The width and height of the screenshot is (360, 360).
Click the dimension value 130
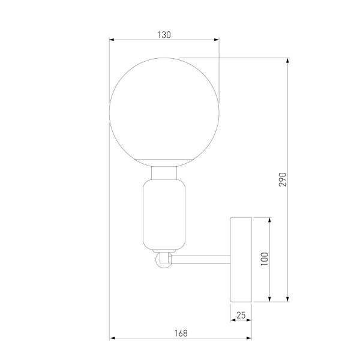[164, 35]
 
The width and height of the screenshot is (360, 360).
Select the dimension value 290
[283, 179]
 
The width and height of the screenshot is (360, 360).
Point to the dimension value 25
[241, 314]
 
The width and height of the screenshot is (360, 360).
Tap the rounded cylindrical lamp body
[164, 214]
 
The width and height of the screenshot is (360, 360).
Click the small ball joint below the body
[163, 260]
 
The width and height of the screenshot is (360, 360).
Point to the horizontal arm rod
[201, 260]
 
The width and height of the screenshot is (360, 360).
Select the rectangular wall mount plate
[241, 259]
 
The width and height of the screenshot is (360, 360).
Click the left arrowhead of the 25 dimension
[233, 320]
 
